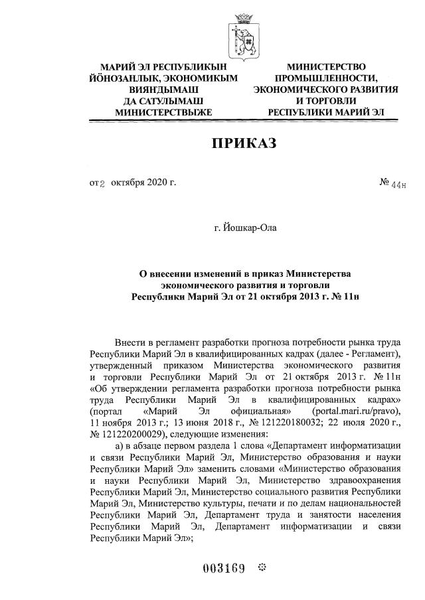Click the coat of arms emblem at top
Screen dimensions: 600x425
[241, 34]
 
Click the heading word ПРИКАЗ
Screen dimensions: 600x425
[243, 143]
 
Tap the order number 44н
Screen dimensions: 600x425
[398, 183]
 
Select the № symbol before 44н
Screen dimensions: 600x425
[383, 181]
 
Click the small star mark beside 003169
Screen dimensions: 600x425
[261, 568]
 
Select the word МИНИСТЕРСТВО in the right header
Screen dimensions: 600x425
[326, 67]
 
